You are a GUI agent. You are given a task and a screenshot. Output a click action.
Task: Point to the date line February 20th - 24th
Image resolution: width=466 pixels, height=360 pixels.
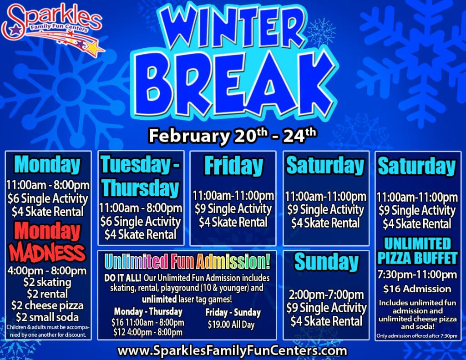[x=233, y=135]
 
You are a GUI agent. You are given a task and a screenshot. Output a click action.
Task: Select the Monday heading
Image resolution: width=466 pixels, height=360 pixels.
[x=47, y=165]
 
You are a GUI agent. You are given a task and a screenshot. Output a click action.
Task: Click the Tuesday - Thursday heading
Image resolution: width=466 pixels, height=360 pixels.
[x=140, y=176]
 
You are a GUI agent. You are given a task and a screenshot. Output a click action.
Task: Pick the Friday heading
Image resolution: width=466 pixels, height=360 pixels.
[x=233, y=166]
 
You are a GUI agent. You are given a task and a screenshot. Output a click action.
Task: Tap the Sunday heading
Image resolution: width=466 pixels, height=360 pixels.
[x=326, y=262]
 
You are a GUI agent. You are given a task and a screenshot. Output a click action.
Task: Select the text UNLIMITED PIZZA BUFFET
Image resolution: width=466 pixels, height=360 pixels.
[x=417, y=251]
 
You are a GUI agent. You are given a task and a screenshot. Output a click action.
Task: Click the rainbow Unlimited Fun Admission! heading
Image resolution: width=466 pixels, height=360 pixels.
[x=187, y=262]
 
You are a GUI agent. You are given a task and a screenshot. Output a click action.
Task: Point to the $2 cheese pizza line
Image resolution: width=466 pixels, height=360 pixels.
[x=47, y=305]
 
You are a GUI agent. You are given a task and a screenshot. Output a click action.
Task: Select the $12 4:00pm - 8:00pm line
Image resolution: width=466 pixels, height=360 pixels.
[x=148, y=332]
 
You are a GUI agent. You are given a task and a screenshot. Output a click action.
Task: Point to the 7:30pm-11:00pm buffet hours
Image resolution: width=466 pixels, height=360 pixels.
[x=417, y=274]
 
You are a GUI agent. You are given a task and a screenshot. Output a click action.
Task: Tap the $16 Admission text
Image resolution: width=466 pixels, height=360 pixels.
[x=417, y=289]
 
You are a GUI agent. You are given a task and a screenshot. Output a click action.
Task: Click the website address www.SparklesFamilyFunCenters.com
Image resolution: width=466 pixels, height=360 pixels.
[x=232, y=351]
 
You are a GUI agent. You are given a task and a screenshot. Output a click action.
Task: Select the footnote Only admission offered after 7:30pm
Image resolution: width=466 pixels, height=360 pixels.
[x=417, y=336]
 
